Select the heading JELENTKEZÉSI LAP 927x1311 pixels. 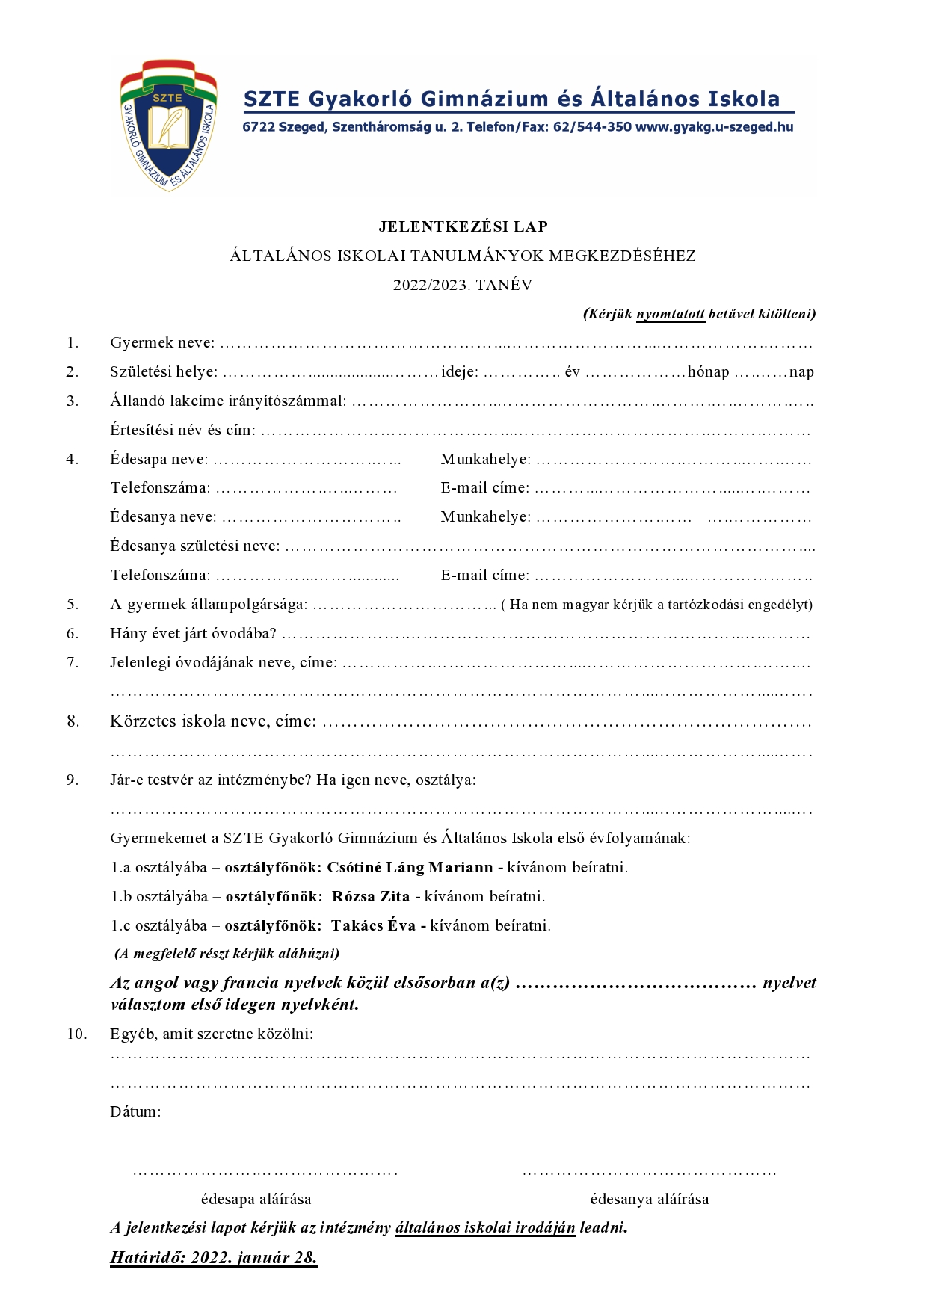coord(463,226)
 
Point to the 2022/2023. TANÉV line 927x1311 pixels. coord(463,285)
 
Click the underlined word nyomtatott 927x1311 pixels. coord(670,314)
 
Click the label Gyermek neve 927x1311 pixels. coord(161,343)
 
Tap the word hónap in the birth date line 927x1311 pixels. coord(708,372)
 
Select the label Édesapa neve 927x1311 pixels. coord(158,460)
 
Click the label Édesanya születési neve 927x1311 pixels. coord(194,546)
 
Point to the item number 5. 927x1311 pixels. coord(73,604)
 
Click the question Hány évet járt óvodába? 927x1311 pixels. coord(193,634)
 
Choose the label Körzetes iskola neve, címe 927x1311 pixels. coord(212,721)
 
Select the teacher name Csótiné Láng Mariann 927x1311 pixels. coord(410,868)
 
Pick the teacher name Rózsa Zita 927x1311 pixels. coord(371,897)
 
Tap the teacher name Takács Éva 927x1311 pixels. coord(373,926)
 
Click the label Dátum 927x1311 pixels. coord(135,1111)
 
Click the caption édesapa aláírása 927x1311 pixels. coord(256,1200)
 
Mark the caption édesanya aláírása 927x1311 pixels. coord(649,1200)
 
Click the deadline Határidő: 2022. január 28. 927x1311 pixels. coord(214,1258)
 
